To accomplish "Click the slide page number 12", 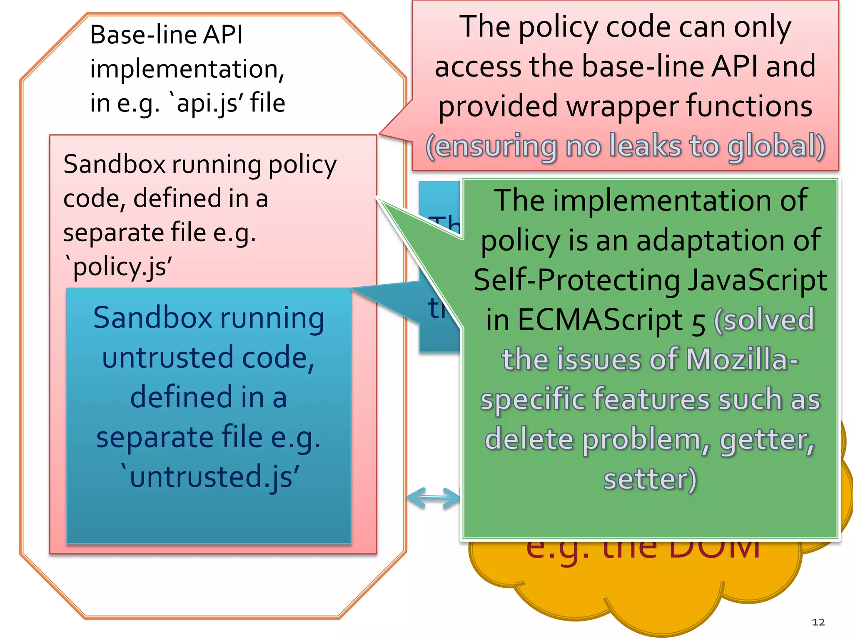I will click(x=818, y=622).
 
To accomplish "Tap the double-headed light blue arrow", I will click(x=433, y=498).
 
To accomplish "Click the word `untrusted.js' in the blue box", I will click(x=210, y=477).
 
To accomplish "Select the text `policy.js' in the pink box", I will click(x=118, y=267).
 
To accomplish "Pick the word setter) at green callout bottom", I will click(x=650, y=479).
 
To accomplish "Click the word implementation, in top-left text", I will click(x=187, y=69).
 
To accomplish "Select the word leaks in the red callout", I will click(x=645, y=146).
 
